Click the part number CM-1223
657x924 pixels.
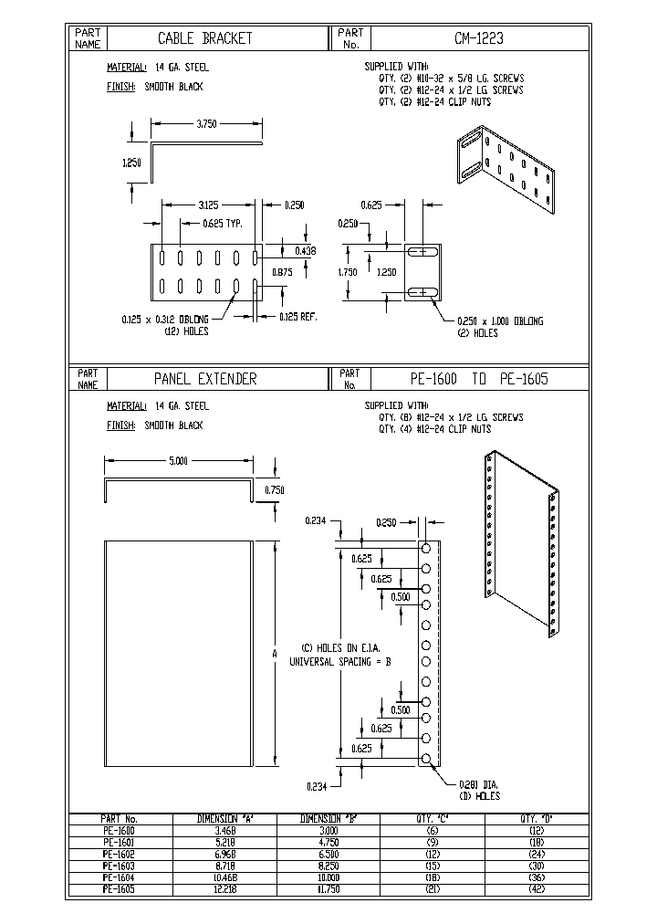click(479, 39)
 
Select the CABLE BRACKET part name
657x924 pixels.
click(205, 39)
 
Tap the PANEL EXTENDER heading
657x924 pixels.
click(205, 379)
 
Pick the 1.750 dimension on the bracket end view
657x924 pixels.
click(348, 271)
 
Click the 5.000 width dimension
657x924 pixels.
click(179, 462)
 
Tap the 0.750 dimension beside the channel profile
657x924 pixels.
click(273, 490)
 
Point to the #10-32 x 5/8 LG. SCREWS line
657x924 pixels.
click(451, 79)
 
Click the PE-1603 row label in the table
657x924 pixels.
click(119, 864)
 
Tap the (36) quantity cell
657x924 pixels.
click(538, 875)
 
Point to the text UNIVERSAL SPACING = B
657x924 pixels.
click(339, 660)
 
